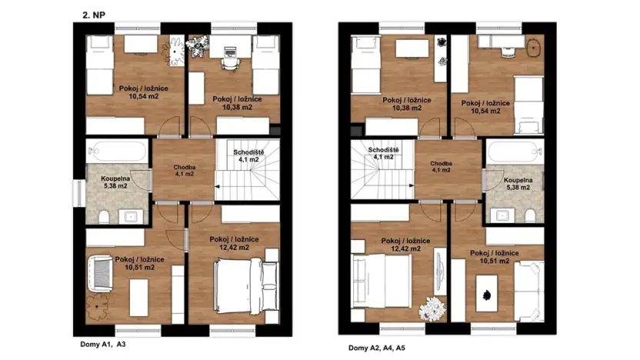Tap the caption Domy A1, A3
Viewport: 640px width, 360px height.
click(x=103, y=345)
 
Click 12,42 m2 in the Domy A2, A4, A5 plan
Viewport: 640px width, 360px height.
click(x=405, y=249)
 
